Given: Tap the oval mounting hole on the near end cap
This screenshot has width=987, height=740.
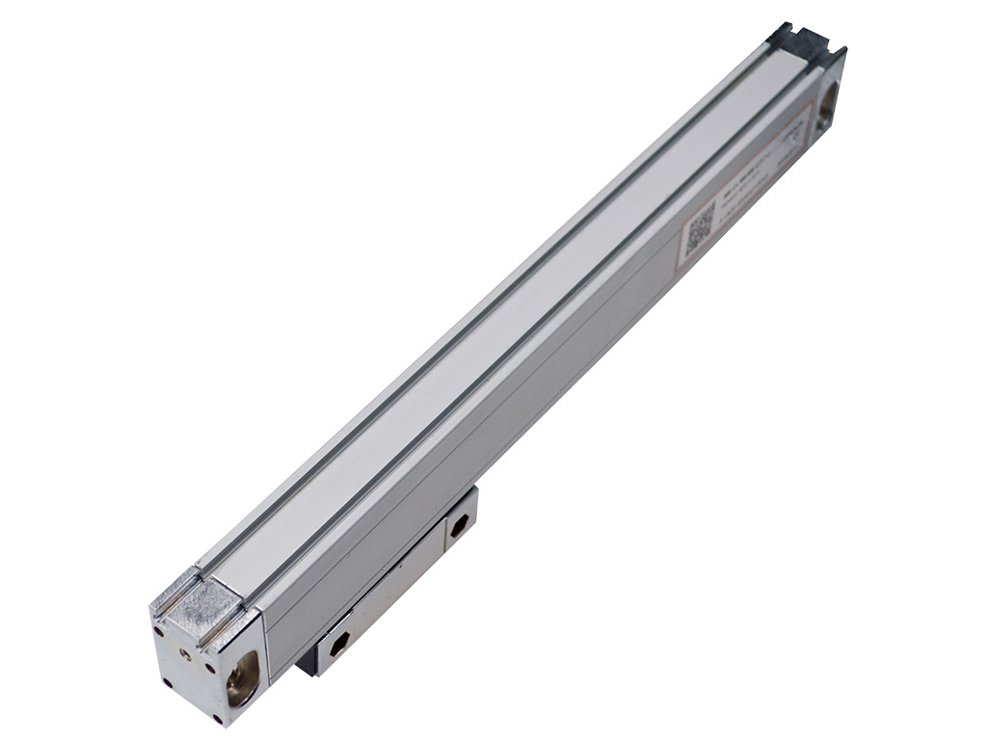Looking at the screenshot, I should (x=241, y=677).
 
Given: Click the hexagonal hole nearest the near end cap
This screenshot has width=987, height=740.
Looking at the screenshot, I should (x=339, y=646).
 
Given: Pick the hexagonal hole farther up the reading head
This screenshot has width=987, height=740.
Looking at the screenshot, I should (x=461, y=525).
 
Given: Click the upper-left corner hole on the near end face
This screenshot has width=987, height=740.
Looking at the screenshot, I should (x=157, y=631).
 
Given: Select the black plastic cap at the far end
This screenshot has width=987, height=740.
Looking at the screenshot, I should (x=798, y=40).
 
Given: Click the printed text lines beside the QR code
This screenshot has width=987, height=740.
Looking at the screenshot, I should (x=737, y=193).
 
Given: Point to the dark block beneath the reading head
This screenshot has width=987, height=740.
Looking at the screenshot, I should (x=307, y=662).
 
